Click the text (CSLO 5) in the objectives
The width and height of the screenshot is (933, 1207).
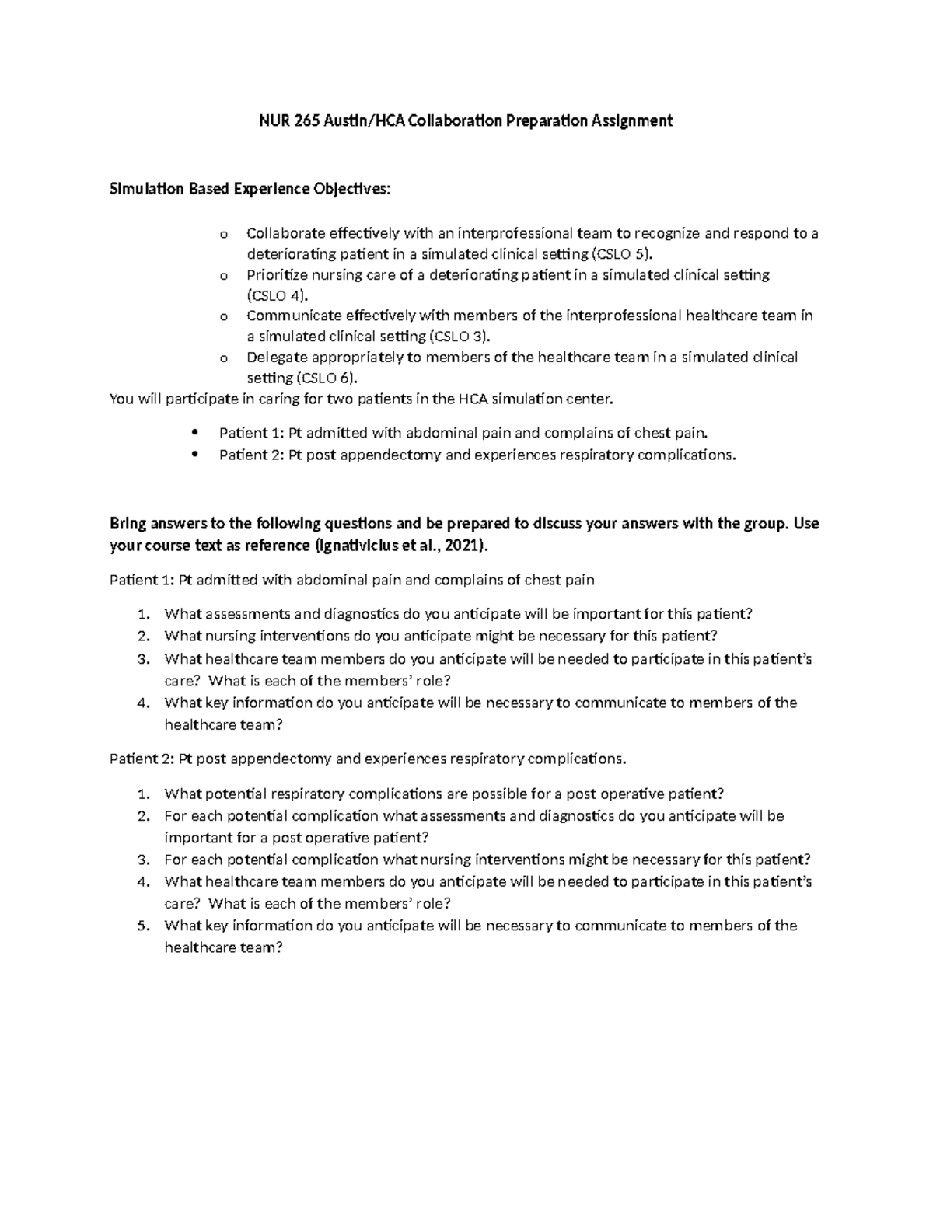tap(624, 254)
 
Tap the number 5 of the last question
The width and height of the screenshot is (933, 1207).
tap(142, 926)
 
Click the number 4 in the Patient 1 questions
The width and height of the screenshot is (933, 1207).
tap(142, 703)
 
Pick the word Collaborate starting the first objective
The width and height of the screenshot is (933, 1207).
tap(285, 233)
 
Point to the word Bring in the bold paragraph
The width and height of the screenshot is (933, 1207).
tap(127, 524)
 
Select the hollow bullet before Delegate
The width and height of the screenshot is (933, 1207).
tap(224, 358)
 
